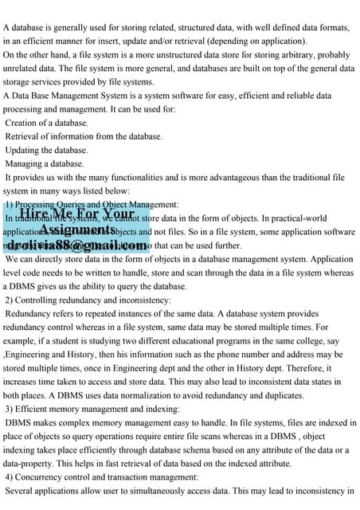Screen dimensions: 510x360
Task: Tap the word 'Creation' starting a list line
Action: click(25, 123)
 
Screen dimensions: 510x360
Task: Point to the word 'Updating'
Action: click(25, 150)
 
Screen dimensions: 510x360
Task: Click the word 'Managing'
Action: click(26, 163)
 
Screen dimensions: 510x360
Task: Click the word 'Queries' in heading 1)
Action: click(79, 204)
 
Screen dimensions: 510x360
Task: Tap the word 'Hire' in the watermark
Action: click(37, 214)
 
